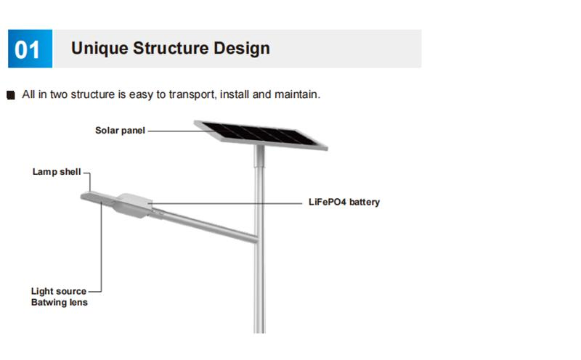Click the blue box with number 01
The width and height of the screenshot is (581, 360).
28,49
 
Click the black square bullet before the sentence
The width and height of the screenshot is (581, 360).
10,95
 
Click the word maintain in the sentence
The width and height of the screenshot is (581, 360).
295,94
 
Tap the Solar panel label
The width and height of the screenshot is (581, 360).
120,131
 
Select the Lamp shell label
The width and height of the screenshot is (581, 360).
57,173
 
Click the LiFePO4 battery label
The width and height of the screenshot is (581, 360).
344,202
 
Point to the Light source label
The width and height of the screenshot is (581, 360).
59,291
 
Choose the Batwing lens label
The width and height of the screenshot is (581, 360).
59,302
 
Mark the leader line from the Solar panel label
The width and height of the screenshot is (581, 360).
171,131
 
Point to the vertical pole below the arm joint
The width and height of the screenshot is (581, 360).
259,290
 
